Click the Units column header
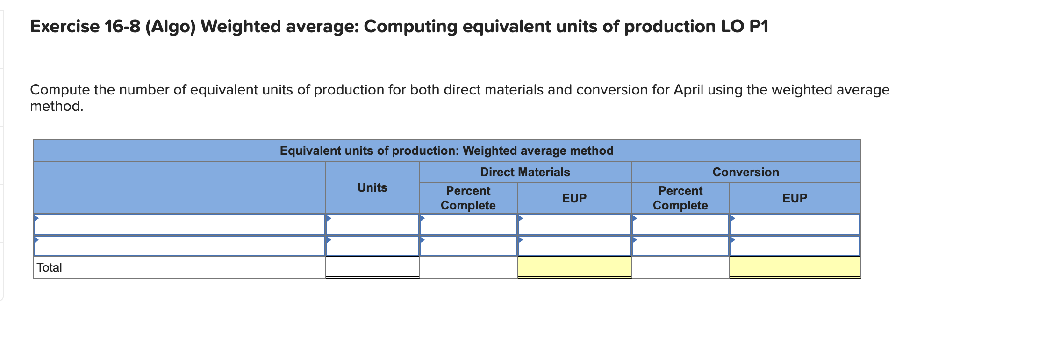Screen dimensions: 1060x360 point(372,187)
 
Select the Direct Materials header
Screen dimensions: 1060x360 point(525,172)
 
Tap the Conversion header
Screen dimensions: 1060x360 point(745,172)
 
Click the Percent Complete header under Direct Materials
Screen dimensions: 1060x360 point(468,198)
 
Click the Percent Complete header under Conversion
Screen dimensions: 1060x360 point(680,198)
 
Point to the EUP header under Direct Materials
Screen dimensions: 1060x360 point(574,198)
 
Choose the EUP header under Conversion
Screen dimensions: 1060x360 point(795,198)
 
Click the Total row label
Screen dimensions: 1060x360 point(49,267)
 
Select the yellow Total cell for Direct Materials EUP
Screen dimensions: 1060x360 point(574,267)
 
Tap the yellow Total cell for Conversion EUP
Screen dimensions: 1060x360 point(795,267)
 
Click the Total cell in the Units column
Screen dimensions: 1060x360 point(372,267)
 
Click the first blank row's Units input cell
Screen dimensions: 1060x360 point(372,224)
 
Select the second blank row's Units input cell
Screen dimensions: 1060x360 point(372,246)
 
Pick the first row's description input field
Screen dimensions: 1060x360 point(179,224)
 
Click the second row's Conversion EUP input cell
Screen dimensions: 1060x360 point(795,246)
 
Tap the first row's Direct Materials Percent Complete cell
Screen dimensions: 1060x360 point(468,224)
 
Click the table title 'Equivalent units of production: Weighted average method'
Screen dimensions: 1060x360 point(446,151)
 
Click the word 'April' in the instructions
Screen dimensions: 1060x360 point(688,90)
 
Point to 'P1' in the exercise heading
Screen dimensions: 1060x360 point(759,27)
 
